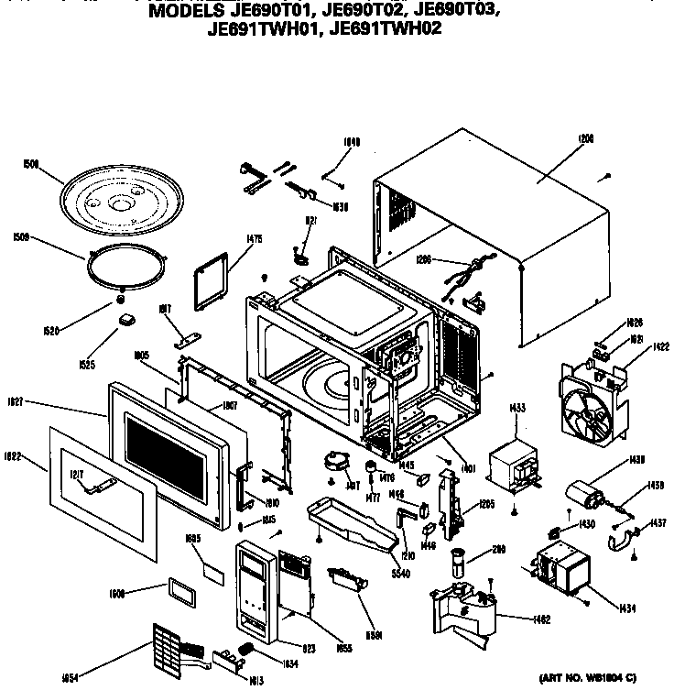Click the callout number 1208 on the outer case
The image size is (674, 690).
click(586, 138)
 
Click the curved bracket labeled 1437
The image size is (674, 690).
click(625, 543)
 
